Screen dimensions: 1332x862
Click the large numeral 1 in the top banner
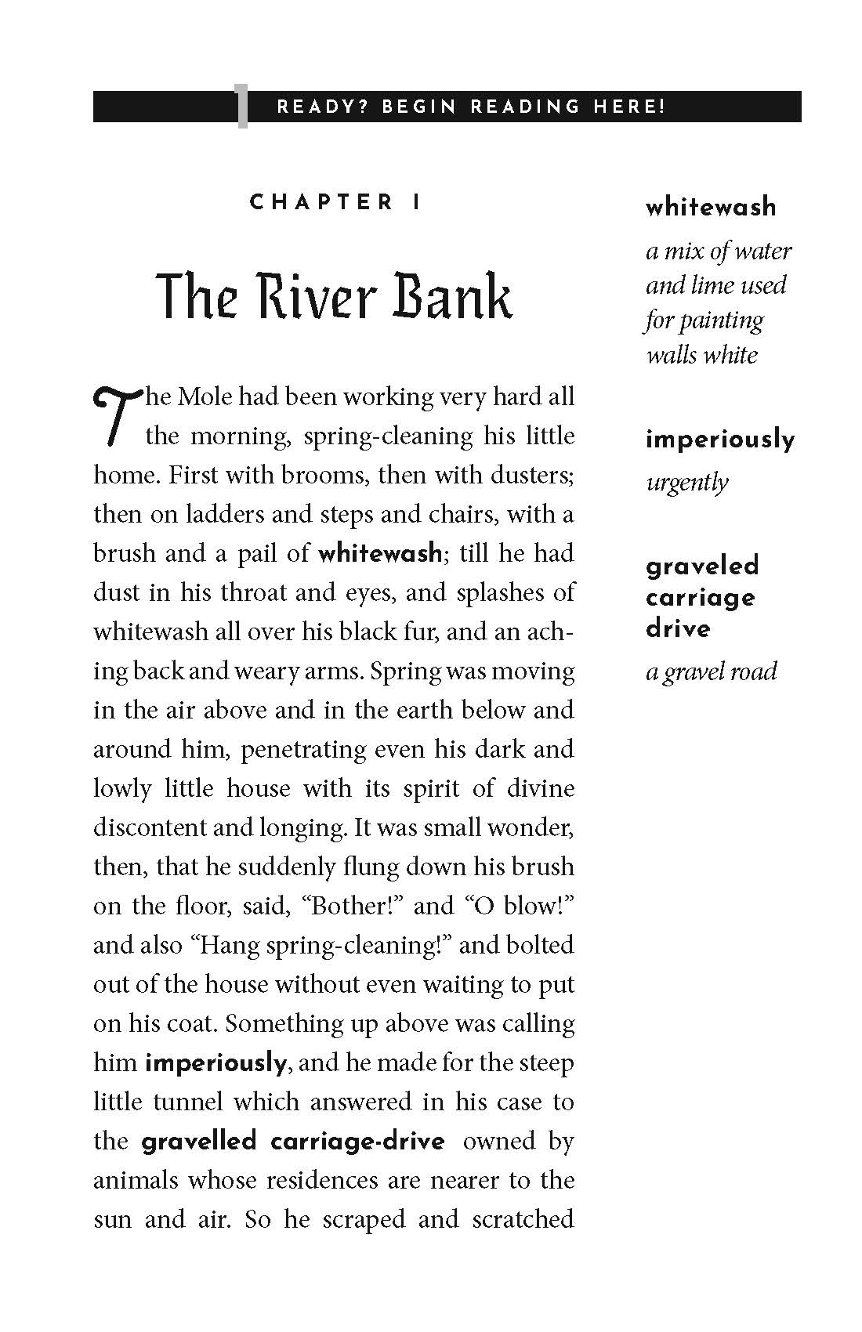(x=242, y=109)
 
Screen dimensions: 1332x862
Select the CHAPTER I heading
(x=335, y=203)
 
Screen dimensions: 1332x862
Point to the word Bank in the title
(x=452, y=298)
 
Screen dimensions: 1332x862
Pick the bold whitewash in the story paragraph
(x=380, y=554)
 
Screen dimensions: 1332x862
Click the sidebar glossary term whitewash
(x=711, y=208)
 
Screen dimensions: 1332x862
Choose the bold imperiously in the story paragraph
(x=216, y=1063)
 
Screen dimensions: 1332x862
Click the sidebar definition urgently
(x=686, y=482)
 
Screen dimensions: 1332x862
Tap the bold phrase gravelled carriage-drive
(x=293, y=1142)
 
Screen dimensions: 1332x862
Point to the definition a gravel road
(x=711, y=671)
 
